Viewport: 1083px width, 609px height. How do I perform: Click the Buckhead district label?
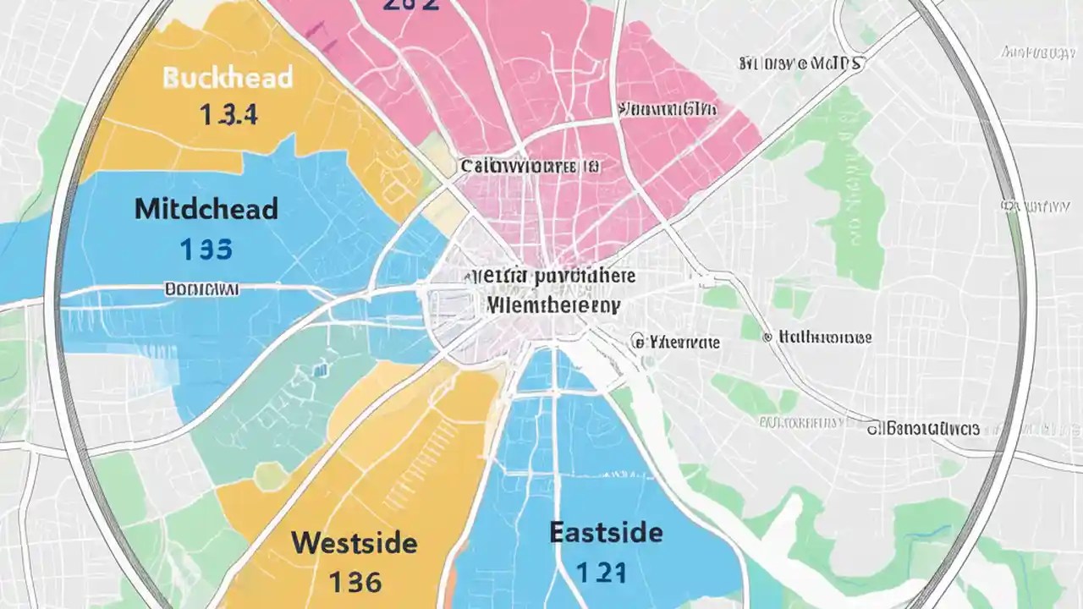point(228,79)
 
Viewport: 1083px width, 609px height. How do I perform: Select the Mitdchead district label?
point(206,209)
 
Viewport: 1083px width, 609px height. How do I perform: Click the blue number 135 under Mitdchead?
point(206,250)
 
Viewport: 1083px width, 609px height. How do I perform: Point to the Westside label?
point(354,542)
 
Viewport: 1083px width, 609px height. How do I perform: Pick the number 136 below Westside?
point(354,582)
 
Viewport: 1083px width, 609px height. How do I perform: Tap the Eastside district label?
point(606,533)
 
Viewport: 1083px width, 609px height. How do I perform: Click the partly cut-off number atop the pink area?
point(410,5)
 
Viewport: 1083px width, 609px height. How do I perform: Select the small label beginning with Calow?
point(531,167)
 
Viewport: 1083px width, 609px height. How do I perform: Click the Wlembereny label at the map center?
point(553,304)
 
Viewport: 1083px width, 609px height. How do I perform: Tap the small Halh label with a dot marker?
point(817,337)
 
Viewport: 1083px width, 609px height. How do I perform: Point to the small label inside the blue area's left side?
point(201,289)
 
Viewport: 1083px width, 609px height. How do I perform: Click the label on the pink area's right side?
point(668,109)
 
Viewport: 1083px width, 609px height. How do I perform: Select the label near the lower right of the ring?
point(923,429)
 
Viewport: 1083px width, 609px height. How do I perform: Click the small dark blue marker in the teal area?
point(321,370)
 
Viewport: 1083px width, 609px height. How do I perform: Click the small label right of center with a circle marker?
point(677,342)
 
